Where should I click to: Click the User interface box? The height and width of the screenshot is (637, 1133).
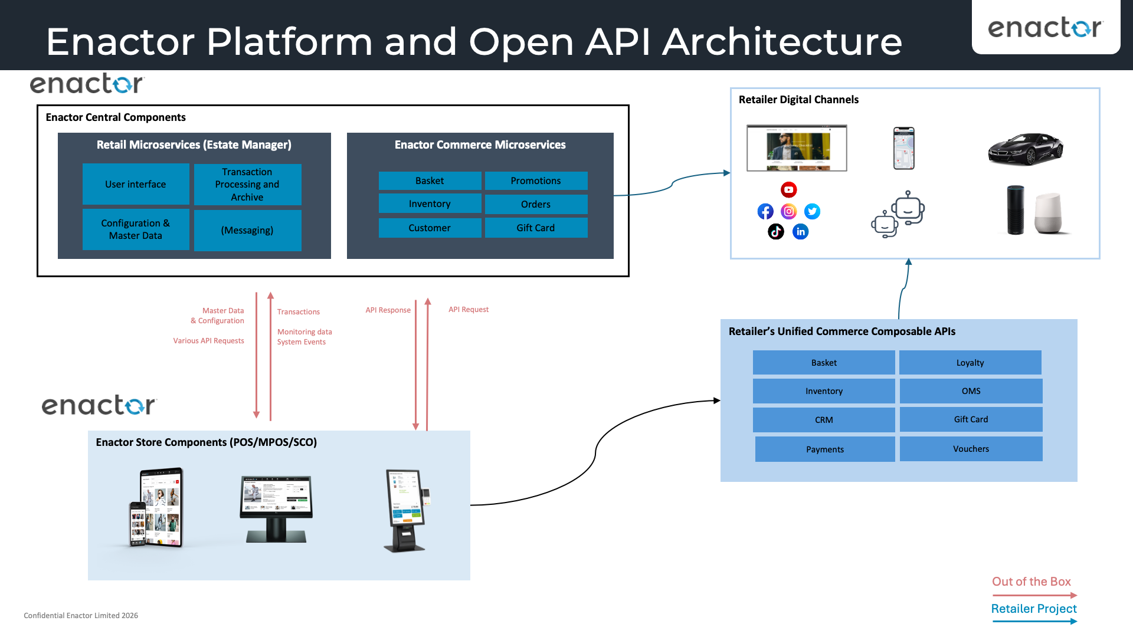136,184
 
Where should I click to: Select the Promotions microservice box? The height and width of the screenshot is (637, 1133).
536,180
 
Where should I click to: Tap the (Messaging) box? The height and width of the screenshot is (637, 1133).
247,230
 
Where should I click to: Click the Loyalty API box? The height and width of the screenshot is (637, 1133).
970,363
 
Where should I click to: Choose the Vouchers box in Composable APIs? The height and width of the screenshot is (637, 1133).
971,449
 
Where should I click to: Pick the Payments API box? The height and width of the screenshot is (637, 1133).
824,449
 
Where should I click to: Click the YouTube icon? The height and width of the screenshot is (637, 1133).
788,190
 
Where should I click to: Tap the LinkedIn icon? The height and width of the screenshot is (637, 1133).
800,232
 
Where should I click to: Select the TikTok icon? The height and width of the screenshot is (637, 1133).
775,232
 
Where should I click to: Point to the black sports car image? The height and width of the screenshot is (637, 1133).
1026,149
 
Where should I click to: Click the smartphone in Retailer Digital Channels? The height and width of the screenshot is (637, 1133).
903,149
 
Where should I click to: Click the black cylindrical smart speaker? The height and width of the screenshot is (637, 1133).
1015,210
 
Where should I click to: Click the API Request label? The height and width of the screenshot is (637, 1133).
469,309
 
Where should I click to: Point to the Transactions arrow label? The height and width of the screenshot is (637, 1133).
299,311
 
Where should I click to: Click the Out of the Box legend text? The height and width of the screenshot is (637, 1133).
1031,582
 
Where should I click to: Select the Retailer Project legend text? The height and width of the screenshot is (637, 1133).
1033,609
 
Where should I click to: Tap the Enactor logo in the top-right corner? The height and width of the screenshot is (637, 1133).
1045,27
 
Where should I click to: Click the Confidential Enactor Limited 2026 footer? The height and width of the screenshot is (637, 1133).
81,615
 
